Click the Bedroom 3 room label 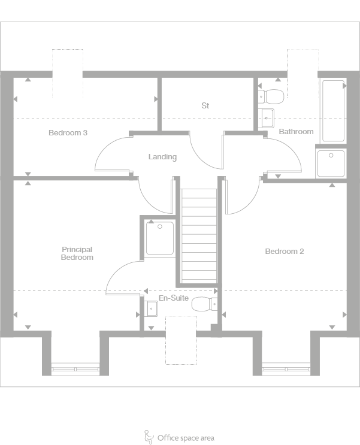(x=68, y=132)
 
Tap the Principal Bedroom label (x=77, y=253)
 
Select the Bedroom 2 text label (x=284, y=252)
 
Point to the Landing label (x=162, y=157)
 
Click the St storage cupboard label (x=205, y=106)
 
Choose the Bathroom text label (x=296, y=131)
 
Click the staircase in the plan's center (x=199, y=235)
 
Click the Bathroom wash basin (x=267, y=116)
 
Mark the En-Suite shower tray (x=160, y=238)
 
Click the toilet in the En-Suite (x=204, y=304)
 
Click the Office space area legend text (x=186, y=438)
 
